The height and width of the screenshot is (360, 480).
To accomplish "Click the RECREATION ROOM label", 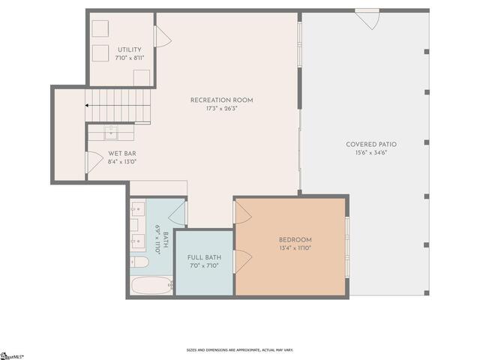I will pos(221,100).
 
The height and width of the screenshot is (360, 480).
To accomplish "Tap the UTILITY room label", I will pos(129,49).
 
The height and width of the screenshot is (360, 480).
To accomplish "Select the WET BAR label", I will pos(121,153).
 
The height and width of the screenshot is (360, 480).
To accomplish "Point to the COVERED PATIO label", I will pos(371,144).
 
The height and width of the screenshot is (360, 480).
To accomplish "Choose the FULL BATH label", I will pos(205,257).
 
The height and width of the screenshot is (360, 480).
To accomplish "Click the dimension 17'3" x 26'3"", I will pos(221,108).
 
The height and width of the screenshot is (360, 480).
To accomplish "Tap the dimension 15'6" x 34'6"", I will pos(371,152).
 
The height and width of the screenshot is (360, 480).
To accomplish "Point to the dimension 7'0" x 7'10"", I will pos(205,265).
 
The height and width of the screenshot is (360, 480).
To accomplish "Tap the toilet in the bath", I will pos(139,262).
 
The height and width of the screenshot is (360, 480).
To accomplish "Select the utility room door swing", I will pos(160,36).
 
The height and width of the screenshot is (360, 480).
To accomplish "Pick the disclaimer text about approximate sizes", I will pos(240,349).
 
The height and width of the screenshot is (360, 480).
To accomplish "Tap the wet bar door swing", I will pos(94,162).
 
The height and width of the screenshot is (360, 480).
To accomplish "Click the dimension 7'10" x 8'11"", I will pos(129,57).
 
